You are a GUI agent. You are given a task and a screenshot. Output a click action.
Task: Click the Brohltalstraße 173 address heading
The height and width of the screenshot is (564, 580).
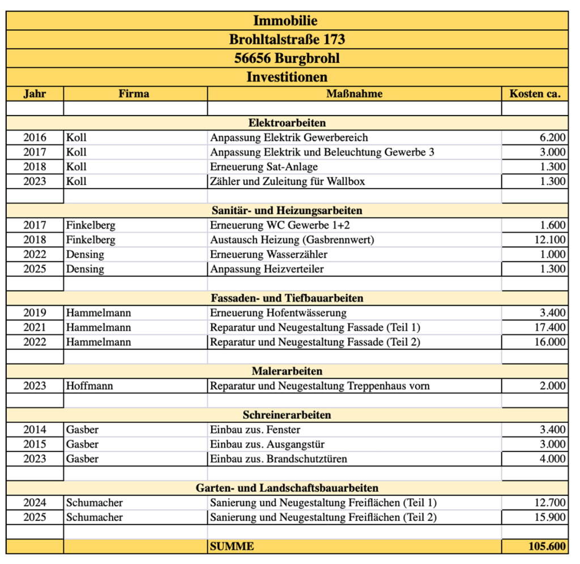click(287, 40)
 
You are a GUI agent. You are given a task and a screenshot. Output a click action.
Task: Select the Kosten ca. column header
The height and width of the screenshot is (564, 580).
click(535, 94)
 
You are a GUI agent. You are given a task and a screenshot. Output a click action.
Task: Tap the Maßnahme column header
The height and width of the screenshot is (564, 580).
click(355, 94)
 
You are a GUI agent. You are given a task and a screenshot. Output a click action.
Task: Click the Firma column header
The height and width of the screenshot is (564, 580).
click(134, 94)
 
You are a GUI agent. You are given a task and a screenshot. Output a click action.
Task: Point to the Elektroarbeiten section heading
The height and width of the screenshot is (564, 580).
click(287, 123)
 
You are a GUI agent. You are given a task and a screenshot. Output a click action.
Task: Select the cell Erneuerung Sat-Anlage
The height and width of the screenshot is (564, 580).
click(264, 167)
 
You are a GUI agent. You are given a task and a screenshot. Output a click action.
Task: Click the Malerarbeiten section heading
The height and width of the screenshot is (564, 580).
click(287, 371)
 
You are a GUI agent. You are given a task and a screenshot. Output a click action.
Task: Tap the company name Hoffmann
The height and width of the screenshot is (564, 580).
click(89, 386)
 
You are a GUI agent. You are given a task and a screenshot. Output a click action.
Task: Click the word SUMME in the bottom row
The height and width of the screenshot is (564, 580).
click(232, 546)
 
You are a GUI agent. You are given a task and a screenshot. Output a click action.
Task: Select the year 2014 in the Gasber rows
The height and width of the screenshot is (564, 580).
click(35, 430)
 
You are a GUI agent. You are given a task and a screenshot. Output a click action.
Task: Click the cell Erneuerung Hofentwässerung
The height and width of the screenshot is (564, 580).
click(278, 313)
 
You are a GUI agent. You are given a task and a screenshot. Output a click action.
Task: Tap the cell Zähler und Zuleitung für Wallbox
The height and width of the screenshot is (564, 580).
click(288, 182)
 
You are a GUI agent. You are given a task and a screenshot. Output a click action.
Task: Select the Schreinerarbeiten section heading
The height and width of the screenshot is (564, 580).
click(287, 415)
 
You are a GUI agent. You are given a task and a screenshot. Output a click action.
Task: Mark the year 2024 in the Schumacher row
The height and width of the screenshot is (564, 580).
click(35, 503)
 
